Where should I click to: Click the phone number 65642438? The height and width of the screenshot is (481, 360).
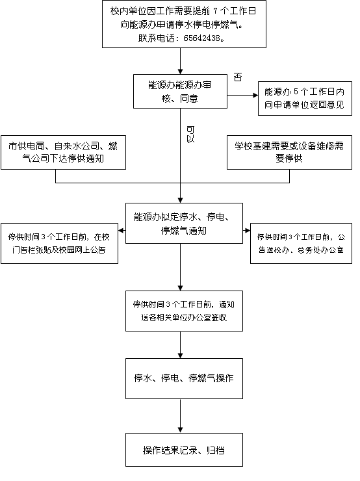(202, 38)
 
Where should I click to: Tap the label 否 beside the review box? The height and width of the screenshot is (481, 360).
(238, 77)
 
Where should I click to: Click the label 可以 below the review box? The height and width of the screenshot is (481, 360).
(190, 135)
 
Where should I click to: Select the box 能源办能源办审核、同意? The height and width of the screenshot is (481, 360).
(180, 91)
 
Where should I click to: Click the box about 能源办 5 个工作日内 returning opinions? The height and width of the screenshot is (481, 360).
(305, 98)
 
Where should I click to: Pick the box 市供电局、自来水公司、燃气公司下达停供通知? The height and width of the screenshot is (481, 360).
(64, 153)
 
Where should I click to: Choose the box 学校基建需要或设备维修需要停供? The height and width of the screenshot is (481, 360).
(289, 153)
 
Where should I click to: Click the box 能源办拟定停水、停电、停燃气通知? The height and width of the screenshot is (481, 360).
(184, 224)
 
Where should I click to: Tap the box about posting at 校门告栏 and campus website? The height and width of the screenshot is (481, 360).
(60, 244)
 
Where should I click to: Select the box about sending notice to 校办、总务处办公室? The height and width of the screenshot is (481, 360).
(301, 244)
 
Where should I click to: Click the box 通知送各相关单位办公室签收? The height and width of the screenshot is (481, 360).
(184, 311)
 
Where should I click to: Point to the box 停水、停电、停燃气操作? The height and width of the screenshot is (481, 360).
(184, 378)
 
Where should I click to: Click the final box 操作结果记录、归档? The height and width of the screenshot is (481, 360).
(184, 450)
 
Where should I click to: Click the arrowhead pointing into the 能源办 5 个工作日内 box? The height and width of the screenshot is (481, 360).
(255, 95)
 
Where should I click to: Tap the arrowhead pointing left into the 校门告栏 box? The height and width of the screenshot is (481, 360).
(121, 230)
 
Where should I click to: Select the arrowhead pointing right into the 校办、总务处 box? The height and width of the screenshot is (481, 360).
(248, 230)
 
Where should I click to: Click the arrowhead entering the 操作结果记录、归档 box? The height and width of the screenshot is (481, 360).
(180, 430)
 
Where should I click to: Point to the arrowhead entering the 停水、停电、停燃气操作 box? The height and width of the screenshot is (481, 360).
(180, 356)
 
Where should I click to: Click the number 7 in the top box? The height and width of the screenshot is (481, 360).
(215, 11)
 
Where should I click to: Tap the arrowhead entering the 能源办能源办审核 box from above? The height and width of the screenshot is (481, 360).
(180, 71)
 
